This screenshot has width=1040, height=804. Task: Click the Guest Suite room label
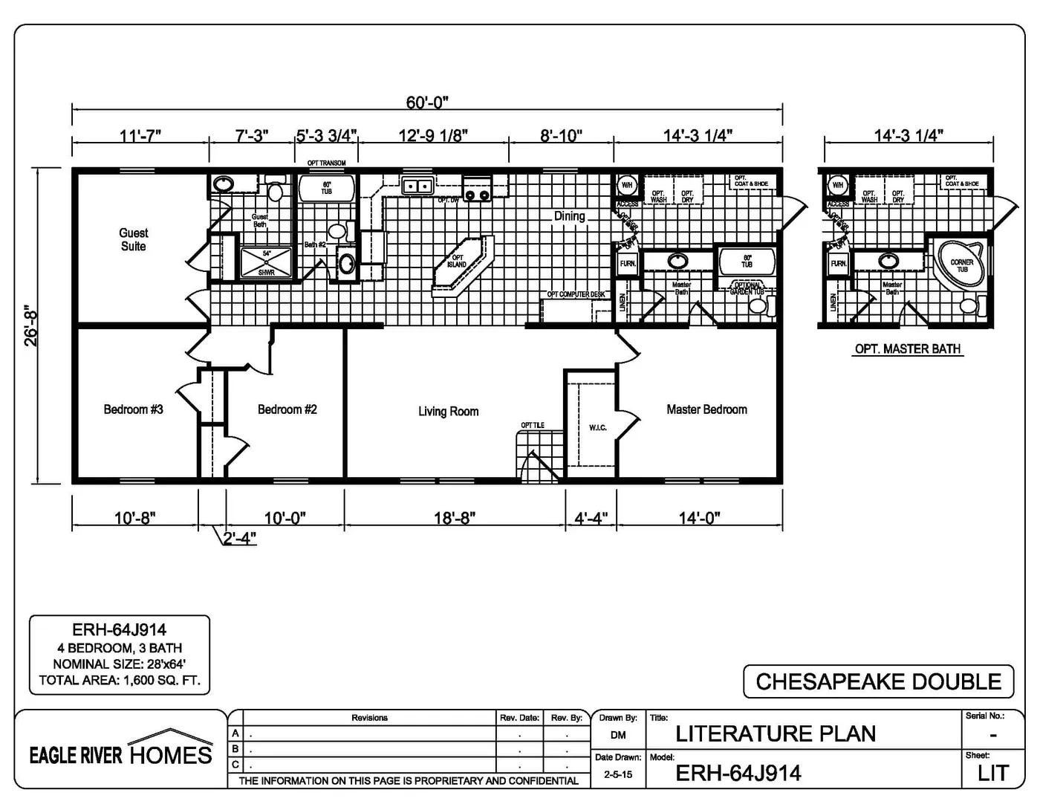pos(134,239)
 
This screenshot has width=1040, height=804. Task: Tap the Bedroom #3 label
pos(133,409)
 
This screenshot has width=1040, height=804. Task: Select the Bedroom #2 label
pos(287,409)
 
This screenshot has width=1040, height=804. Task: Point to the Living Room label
pos(448,412)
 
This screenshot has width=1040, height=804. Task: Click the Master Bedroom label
pos(706,409)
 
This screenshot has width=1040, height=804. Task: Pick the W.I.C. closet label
pos(597,427)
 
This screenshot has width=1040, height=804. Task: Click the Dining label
pos(569,216)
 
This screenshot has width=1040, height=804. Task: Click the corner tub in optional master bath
pos(961,265)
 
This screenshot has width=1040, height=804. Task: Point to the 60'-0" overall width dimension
pos(427,103)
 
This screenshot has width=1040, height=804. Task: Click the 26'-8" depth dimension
pos(30,325)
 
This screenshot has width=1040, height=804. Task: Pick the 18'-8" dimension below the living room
pos(454,518)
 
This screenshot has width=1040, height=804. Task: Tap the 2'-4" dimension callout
pos(239,538)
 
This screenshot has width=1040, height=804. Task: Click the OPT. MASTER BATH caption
pos(907,349)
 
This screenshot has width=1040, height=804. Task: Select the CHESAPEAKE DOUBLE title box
pos(878,681)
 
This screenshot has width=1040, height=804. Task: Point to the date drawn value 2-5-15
pos(617,774)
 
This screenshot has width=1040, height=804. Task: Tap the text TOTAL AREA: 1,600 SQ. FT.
pos(120,680)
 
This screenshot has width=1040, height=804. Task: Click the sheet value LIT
pos(992,774)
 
